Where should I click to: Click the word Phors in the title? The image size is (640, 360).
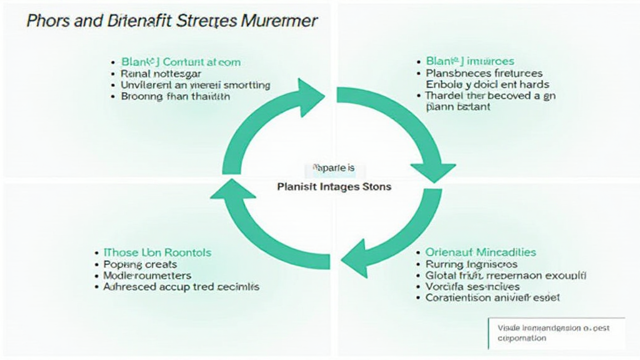(x=47, y=21)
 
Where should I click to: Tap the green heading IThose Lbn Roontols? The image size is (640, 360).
(x=157, y=252)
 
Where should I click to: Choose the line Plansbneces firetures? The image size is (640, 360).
(x=484, y=73)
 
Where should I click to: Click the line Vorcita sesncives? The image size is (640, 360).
(x=472, y=287)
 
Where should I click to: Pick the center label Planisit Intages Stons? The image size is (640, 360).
(x=334, y=187)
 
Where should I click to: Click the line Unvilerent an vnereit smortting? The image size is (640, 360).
(x=195, y=84)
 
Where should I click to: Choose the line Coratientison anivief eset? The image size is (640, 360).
(x=492, y=298)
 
